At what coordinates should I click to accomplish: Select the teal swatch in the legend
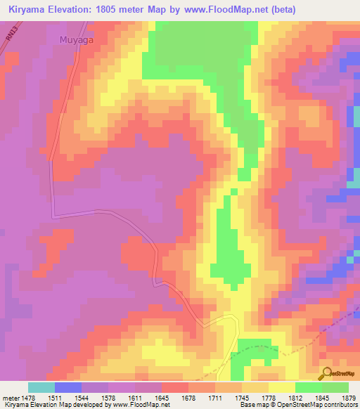point(41,387)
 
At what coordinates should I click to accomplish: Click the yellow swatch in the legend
point(281,387)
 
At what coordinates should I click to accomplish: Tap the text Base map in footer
point(252,405)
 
